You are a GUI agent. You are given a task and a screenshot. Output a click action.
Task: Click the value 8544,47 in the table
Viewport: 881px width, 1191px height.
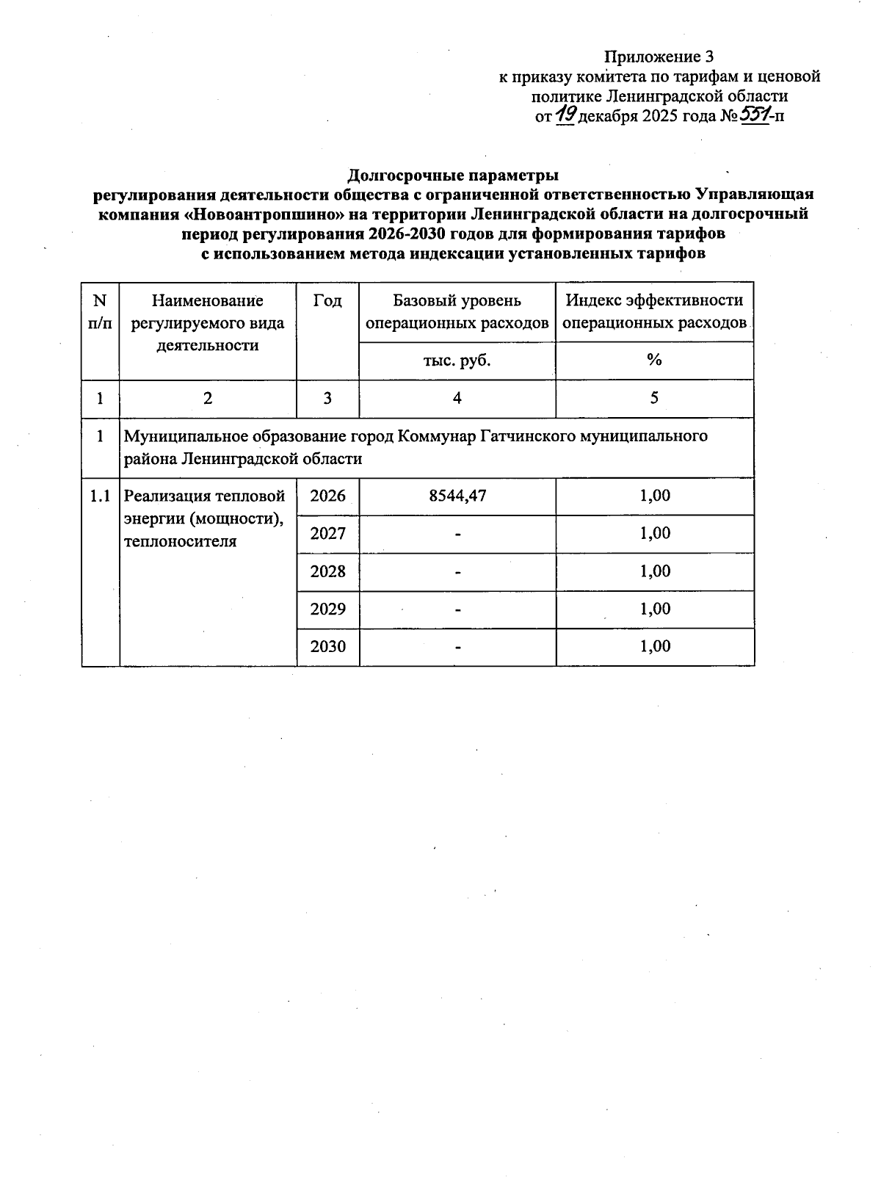[x=457, y=496]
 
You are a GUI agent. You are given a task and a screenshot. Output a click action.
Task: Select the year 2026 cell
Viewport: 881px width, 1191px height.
[x=327, y=496]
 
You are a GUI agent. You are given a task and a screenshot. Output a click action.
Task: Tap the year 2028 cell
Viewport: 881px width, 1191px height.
[x=327, y=571]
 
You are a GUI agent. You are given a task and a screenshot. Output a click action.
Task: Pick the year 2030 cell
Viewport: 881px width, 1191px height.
[x=327, y=647]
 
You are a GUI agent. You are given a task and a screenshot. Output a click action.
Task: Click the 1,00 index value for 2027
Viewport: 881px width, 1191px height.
[x=655, y=533]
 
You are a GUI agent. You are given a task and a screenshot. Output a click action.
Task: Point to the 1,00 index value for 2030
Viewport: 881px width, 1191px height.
[x=655, y=646]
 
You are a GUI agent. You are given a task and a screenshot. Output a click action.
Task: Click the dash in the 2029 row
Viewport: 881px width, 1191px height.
[x=457, y=609]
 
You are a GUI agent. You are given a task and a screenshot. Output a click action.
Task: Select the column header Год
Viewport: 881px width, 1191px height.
[x=327, y=300]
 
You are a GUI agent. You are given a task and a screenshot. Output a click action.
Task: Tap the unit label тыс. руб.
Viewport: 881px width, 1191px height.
[x=457, y=361]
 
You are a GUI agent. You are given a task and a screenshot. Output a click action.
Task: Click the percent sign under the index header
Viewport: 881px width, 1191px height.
[x=654, y=361]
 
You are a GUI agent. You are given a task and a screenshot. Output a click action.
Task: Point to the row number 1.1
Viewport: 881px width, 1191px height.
[x=100, y=496]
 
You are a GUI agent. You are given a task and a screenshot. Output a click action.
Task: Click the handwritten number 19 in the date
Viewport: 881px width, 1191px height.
[x=566, y=115]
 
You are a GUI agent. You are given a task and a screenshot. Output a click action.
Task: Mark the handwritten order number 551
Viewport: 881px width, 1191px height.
[x=754, y=115]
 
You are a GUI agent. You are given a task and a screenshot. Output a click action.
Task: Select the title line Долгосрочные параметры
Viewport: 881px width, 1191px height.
[x=453, y=175]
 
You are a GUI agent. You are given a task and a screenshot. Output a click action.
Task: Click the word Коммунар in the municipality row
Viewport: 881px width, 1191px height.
[x=436, y=436]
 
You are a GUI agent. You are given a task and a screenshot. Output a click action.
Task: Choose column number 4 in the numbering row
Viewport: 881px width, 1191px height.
[x=457, y=398]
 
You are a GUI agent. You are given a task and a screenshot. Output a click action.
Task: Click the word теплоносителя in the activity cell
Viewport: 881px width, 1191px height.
[x=181, y=542]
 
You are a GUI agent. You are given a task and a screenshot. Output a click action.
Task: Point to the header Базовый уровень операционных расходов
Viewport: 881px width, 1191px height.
[x=457, y=311]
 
